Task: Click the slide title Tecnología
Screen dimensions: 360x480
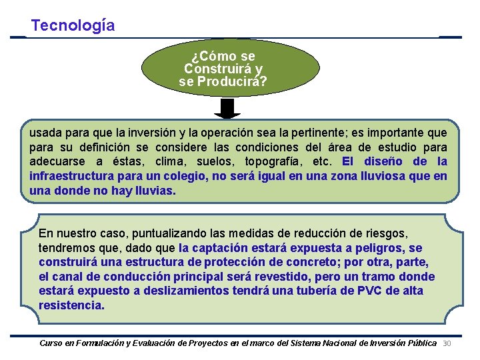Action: click(73, 25)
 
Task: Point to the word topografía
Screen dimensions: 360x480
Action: click(272, 162)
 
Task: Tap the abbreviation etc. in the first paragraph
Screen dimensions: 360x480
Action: click(323, 162)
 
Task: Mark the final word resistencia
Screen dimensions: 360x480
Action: click(71, 306)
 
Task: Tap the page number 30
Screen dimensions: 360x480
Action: click(447, 343)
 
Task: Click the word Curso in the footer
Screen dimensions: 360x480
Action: click(51, 343)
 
